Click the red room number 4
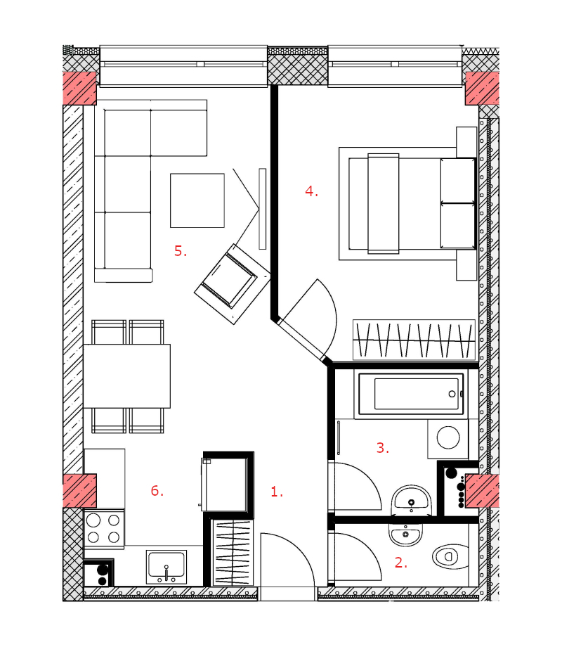pos(311,191)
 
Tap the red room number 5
pos(181,250)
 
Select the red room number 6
pos(157,490)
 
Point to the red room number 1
pos(277,492)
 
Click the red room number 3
pos(383,448)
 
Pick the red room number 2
pos(401,563)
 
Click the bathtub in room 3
pos(411,394)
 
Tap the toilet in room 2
pos(450,556)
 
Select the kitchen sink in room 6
pos(166,567)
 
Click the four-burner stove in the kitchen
pos(103,529)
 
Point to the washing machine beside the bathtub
pos(447,439)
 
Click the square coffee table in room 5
pos(197,200)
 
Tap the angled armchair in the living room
pos(232,284)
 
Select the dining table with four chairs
pos(127,376)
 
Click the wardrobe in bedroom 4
pos(414,339)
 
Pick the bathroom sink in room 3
pos(411,501)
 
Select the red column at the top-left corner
pos(79,88)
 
